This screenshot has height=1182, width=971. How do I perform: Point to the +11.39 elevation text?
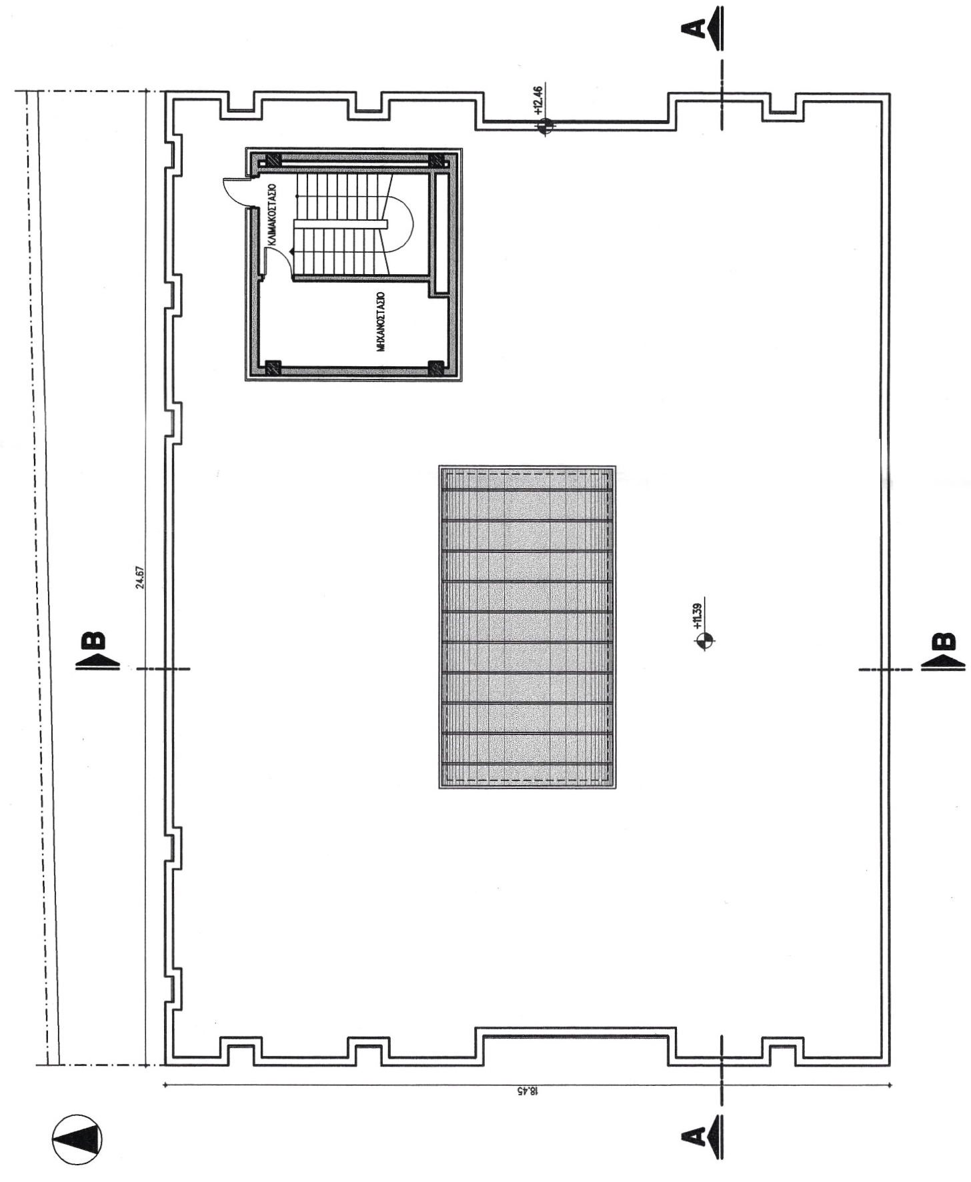click(698, 616)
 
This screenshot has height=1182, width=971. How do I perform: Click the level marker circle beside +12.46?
click(546, 125)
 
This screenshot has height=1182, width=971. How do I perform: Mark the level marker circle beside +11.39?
click(705, 641)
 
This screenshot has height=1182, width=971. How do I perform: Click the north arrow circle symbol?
click(77, 1139)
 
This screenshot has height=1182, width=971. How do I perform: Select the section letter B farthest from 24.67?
click(940, 641)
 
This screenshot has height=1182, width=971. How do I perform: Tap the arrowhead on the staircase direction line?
click(293, 250)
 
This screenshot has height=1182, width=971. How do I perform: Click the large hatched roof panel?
click(527, 627)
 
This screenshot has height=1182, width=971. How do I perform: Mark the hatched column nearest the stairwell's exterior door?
click(273, 161)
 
